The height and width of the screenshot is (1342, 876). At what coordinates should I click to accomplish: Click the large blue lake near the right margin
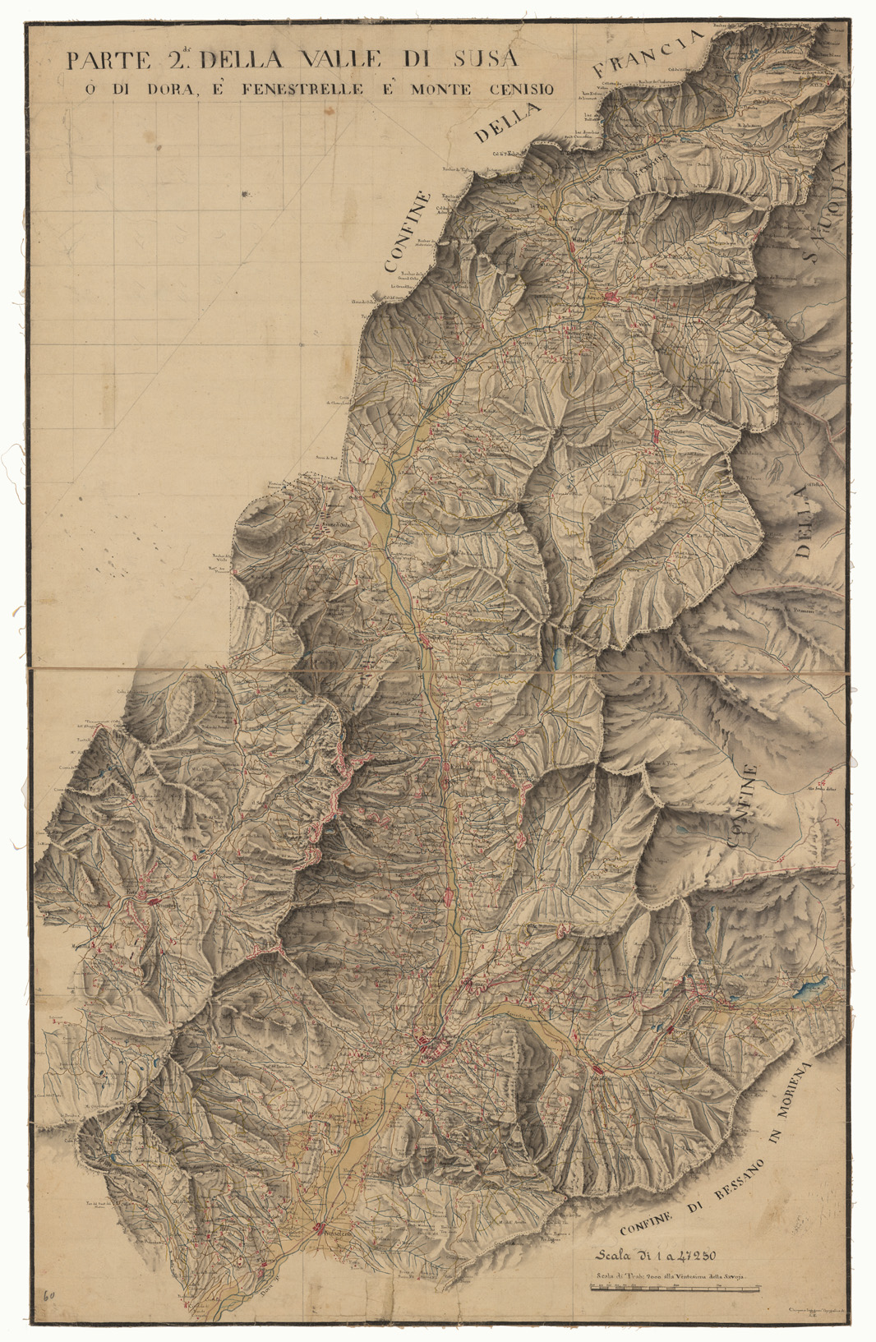pyautogui.click(x=812, y=987)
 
